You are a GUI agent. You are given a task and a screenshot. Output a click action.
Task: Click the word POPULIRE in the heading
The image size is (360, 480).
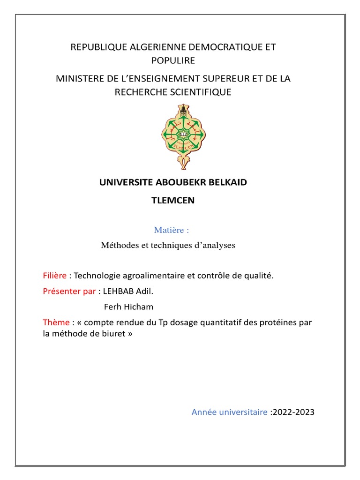click(172, 60)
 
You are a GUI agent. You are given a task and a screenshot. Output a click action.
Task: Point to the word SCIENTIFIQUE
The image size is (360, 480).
click(201, 92)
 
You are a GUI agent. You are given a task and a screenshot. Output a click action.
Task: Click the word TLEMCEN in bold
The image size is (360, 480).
click(172, 200)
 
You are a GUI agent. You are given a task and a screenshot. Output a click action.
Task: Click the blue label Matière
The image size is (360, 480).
click(172, 230)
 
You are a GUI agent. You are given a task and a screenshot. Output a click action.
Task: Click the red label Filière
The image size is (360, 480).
click(54, 276)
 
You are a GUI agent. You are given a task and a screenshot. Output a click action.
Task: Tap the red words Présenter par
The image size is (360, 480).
click(69, 291)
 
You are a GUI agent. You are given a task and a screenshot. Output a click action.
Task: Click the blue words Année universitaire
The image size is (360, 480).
click(229, 412)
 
